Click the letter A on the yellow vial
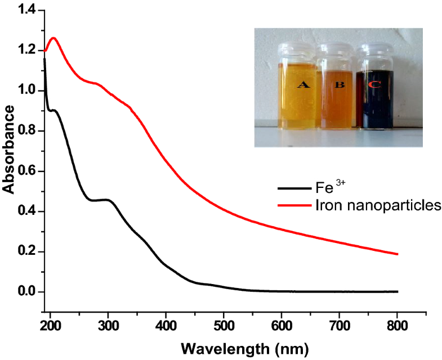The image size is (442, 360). tap(303, 85)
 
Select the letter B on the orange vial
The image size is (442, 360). tap(340, 85)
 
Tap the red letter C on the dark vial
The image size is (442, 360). tap(374, 85)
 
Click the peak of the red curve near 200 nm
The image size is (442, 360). tap(54, 38)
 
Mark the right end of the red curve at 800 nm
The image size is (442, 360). tap(398, 254)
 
